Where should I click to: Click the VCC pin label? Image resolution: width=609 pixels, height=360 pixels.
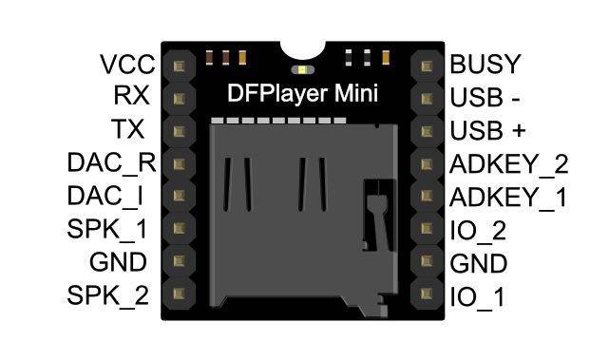click(x=127, y=65)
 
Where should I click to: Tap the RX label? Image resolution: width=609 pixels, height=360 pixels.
click(x=130, y=97)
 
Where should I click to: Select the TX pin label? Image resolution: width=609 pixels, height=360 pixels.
click(x=129, y=129)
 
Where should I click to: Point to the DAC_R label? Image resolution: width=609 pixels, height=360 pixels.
click(x=111, y=162)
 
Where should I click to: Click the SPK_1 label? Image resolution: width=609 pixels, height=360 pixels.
click(x=108, y=229)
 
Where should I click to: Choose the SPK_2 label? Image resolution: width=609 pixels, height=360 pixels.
click(x=108, y=295)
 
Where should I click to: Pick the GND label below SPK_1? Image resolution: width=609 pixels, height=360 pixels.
click(x=119, y=262)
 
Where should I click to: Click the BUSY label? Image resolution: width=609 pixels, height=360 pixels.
click(x=485, y=65)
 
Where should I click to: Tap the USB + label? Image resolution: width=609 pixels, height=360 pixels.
click(x=488, y=130)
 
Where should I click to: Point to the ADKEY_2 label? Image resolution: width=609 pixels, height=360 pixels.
click(x=508, y=163)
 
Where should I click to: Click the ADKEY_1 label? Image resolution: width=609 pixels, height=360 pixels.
click(x=508, y=197)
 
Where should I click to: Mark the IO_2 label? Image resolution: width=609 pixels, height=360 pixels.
click(x=478, y=230)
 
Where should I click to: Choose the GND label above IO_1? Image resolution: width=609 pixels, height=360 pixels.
click(x=478, y=263)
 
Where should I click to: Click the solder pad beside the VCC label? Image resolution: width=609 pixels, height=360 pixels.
click(x=179, y=65)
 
